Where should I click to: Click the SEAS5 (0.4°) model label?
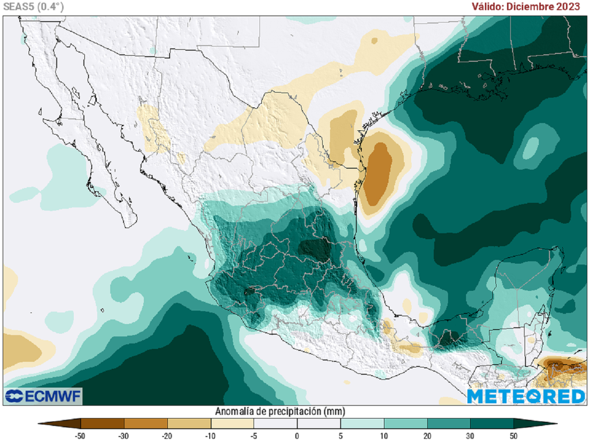(33, 7)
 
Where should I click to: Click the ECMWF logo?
(43, 396)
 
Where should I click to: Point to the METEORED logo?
(525, 396)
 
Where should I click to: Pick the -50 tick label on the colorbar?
(80, 436)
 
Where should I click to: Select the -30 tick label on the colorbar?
(123, 436)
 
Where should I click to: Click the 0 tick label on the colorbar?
(297, 436)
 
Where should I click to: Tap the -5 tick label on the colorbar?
(254, 436)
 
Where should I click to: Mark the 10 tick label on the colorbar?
(384, 436)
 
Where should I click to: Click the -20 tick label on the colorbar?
(167, 436)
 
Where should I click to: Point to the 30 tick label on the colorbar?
(471, 436)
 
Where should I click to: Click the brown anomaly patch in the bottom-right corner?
(562, 366)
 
